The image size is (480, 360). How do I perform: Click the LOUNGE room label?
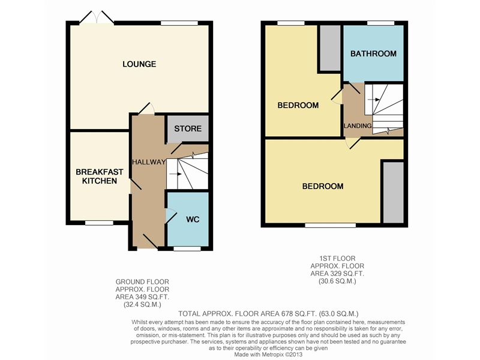139,64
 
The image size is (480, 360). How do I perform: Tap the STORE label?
187,129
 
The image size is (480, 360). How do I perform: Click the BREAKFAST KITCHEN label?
99,176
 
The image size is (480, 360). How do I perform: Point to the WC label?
192,219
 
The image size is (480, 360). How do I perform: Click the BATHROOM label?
373,53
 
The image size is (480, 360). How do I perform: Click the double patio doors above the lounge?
97,19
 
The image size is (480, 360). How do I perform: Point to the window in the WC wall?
187,248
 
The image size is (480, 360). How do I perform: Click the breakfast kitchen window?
98,223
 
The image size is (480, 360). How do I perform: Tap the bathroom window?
380,23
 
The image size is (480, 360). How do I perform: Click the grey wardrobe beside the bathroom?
329,48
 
